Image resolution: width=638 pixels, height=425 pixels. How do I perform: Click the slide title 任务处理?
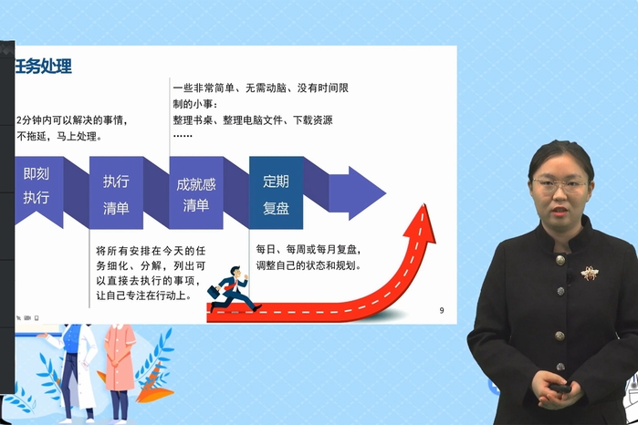[43, 66]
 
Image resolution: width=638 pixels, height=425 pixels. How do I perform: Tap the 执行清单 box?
[116, 192]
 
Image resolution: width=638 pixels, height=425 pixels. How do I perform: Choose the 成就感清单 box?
[196, 192]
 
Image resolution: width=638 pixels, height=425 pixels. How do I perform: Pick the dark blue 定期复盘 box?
[277, 192]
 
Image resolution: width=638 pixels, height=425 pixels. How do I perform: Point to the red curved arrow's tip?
[424, 204]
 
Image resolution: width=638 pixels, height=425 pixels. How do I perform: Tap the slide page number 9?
[442, 310]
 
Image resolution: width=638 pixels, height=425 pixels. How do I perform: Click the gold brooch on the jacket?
[589, 274]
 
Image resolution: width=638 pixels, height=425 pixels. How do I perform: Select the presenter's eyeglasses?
[560, 185]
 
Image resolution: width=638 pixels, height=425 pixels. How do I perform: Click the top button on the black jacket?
[560, 260]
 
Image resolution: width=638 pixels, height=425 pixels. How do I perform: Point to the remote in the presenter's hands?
[560, 389]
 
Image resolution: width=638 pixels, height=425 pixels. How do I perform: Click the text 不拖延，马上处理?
[59, 136]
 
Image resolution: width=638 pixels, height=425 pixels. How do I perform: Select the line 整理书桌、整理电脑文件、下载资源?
[253, 120]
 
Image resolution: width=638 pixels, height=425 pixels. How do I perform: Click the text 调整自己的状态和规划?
[309, 265]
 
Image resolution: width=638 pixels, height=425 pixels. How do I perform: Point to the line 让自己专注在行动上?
[143, 295]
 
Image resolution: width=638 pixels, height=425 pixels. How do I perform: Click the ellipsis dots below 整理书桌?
[183, 135]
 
